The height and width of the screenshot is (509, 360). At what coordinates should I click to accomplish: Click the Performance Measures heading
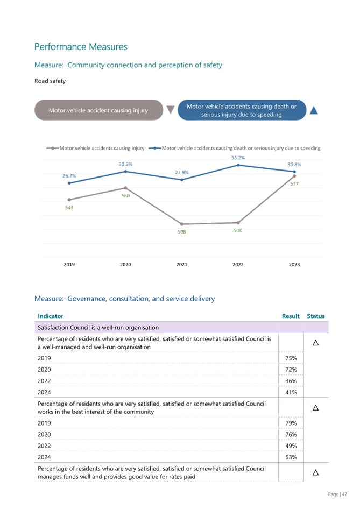[x=81, y=47]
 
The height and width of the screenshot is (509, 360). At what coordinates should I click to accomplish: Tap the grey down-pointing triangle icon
[x=171, y=110]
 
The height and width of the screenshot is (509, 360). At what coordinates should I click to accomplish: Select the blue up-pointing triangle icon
[x=314, y=110]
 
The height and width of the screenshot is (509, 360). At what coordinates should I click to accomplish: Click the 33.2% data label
[x=238, y=158]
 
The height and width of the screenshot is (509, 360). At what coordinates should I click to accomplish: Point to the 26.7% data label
[x=69, y=176]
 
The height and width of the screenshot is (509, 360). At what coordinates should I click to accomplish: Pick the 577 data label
[x=294, y=183]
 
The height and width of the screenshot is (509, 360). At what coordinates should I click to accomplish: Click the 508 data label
[x=182, y=232]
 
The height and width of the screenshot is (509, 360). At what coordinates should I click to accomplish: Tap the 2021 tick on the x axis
[x=182, y=265]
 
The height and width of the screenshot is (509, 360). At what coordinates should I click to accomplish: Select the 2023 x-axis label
[x=294, y=265]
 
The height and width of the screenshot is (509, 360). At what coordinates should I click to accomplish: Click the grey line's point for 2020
[x=125, y=188]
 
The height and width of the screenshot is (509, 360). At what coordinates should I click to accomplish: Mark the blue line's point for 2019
[x=69, y=183]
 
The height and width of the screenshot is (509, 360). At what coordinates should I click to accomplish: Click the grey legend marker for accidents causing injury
[x=53, y=148]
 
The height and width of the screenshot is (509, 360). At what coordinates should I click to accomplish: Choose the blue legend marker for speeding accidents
[x=155, y=148]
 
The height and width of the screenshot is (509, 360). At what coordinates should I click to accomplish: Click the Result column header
[x=291, y=316]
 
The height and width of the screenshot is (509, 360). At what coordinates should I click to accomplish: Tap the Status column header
[x=315, y=316]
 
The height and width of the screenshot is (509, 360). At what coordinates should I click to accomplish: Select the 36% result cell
[x=291, y=381]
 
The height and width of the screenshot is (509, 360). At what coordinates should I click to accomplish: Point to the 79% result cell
[x=291, y=423]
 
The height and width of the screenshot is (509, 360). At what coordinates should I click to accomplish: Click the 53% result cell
[x=291, y=457]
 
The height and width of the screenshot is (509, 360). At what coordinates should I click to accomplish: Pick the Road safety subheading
[x=50, y=81]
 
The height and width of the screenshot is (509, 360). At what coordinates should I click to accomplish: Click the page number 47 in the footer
[x=344, y=494]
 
